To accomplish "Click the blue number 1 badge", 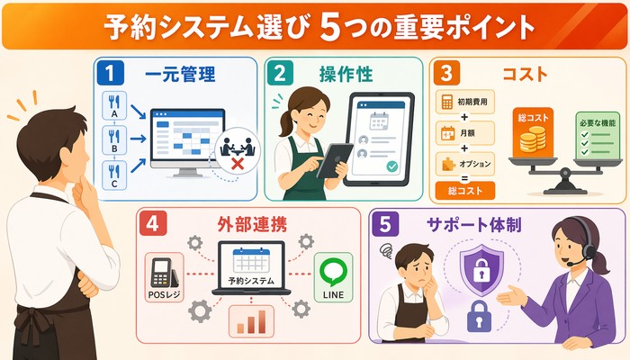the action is coord(111,74).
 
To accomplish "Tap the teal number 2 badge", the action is coord(280,74).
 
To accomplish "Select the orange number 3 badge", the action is coord(446,74).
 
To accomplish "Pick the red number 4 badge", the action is coord(153,223).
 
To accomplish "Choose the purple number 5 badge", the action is coord(385,224).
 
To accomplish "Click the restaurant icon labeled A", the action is coord(114,105).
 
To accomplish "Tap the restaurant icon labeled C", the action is coord(114,175).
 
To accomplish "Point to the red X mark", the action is coord(238,164).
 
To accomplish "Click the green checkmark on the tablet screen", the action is coord(391,166).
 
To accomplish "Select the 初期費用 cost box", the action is coord(465,102).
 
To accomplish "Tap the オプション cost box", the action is coord(465,164).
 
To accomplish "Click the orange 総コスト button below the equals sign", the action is coord(465,191).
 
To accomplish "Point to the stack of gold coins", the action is coord(533,139).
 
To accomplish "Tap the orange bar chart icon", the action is coord(251,322).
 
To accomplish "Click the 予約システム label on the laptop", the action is coord(251,281).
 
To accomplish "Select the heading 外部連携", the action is coord(252,225).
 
